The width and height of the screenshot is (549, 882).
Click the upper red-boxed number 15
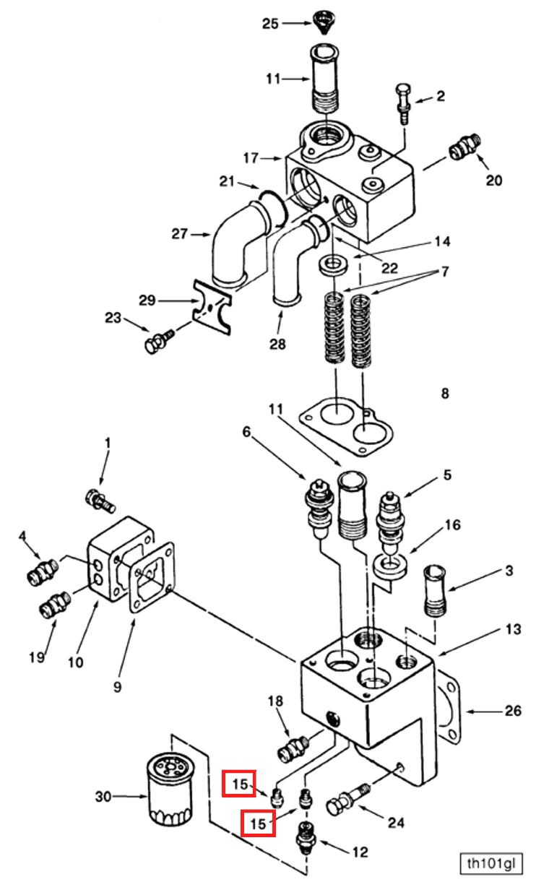click(239, 783)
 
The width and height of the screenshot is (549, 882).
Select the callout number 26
click(512, 712)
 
